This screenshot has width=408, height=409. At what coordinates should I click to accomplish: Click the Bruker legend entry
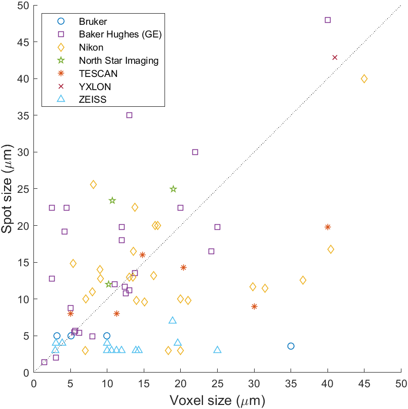click(93, 21)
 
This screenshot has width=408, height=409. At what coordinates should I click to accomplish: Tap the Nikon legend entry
click(91, 48)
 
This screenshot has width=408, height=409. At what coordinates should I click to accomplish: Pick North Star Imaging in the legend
click(118, 61)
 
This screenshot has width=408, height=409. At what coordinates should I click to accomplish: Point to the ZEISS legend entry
click(92, 100)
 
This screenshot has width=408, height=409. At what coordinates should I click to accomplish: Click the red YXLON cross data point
click(335, 58)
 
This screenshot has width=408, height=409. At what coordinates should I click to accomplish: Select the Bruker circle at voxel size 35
click(291, 346)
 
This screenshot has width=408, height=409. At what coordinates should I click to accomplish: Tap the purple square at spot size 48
click(328, 20)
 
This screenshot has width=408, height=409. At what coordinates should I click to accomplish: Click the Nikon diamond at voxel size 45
click(364, 78)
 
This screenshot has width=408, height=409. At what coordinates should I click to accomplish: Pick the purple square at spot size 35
click(129, 115)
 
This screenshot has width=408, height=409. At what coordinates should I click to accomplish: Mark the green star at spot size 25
click(173, 189)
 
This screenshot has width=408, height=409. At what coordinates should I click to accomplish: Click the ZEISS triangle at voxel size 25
click(217, 350)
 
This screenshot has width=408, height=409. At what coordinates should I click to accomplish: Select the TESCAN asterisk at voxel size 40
click(328, 227)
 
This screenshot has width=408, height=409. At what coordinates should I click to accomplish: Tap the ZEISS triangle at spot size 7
click(173, 320)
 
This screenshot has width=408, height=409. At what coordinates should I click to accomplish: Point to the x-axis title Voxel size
click(217, 401)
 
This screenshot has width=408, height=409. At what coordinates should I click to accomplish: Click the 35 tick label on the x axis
click(291, 383)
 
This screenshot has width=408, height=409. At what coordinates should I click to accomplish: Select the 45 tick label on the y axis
click(22, 42)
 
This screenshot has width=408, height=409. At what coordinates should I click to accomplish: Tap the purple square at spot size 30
click(195, 152)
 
